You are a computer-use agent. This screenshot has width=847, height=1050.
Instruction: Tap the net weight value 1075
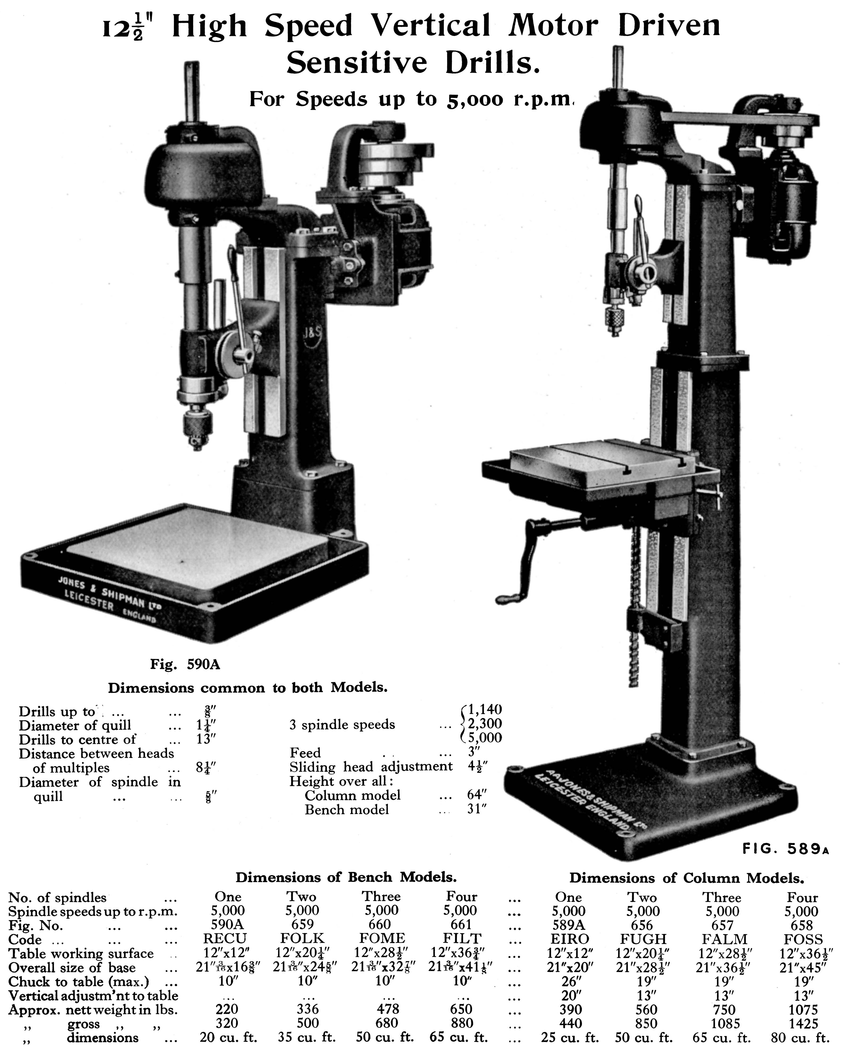pos(803,1010)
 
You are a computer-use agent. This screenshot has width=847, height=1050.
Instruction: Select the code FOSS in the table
pos(803,939)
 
